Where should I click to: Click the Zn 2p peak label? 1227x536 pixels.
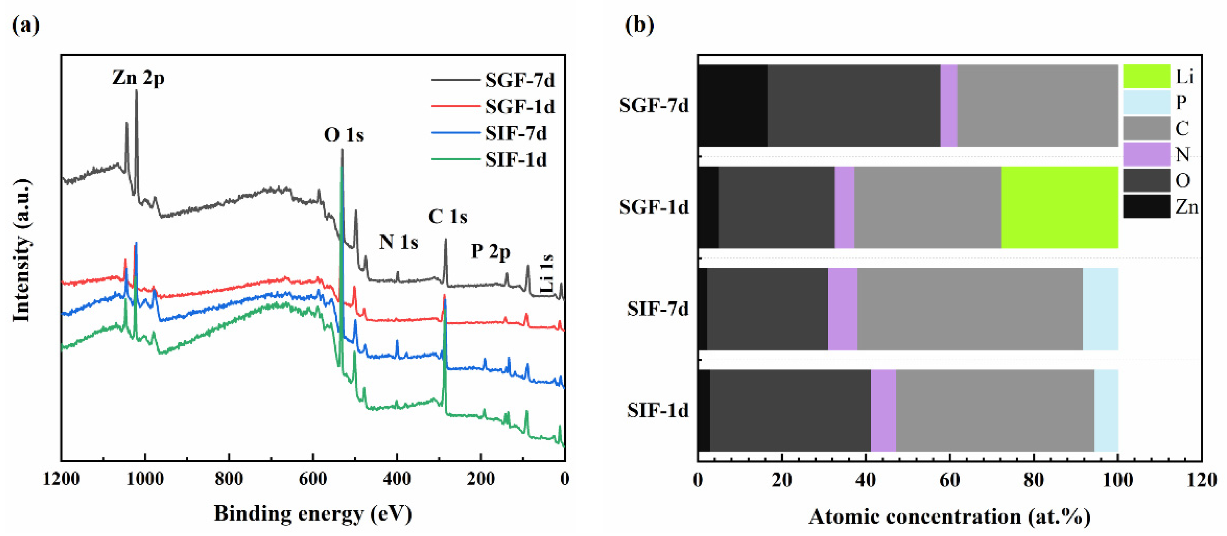click(x=138, y=77)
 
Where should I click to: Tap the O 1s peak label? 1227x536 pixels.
click(x=343, y=135)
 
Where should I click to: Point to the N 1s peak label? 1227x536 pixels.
click(x=398, y=242)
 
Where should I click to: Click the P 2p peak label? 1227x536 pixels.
click(x=491, y=251)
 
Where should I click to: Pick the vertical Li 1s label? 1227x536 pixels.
click(x=547, y=274)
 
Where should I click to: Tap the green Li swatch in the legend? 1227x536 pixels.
click(x=1146, y=76)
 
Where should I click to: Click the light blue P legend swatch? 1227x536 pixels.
click(x=1146, y=102)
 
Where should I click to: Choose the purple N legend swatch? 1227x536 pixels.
click(x=1146, y=154)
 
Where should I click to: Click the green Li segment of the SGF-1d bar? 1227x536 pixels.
click(x=1059, y=207)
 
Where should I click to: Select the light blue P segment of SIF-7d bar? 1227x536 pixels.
click(x=1100, y=309)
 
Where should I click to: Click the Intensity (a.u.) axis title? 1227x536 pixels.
click(x=21, y=250)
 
